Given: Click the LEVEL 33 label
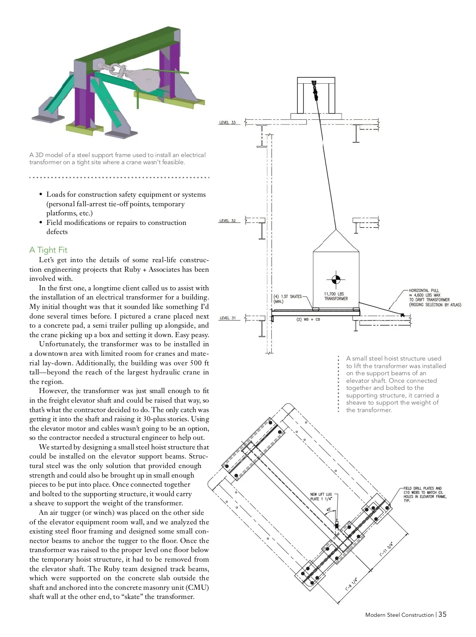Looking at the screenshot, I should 228,123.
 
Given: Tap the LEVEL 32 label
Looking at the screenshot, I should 228,221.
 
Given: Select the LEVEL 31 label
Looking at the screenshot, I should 228,318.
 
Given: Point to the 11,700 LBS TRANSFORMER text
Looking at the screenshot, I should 336,296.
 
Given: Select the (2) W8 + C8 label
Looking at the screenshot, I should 308,320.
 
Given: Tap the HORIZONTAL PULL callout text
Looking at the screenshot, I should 435,297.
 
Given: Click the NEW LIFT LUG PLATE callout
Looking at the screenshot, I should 321,497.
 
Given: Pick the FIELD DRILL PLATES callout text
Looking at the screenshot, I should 425,494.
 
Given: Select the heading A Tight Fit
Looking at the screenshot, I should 48,250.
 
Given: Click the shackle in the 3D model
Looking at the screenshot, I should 115,69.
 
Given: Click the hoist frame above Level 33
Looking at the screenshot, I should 316,97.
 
